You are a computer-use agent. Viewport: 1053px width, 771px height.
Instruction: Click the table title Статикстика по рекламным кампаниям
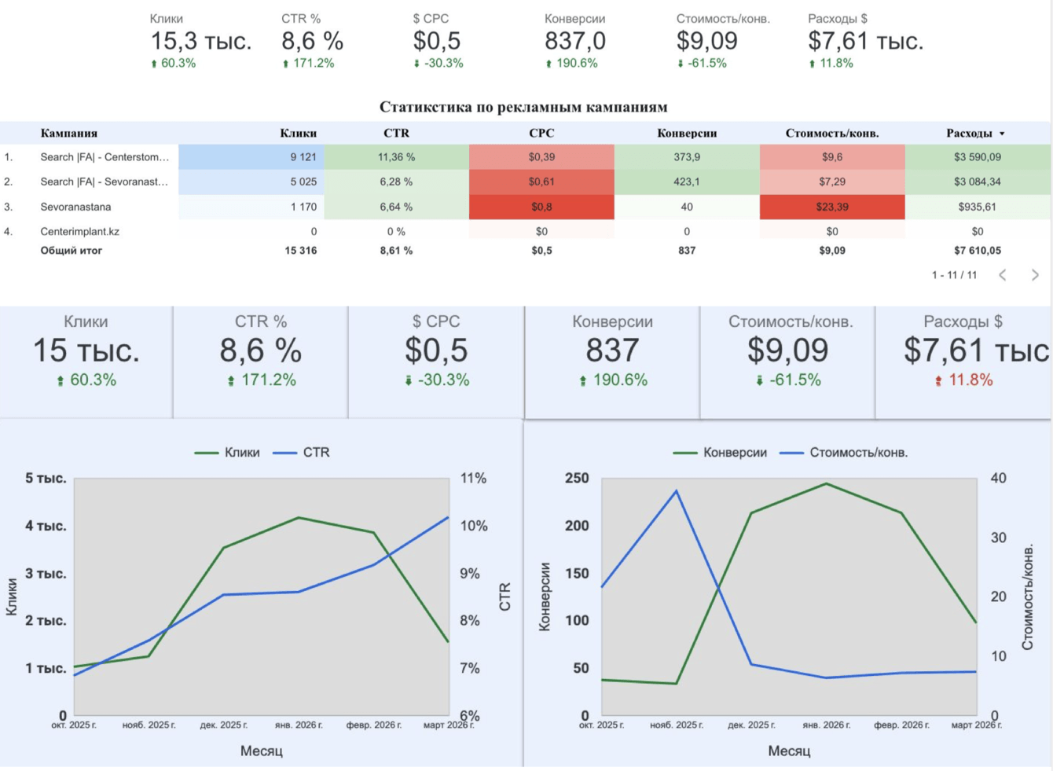point(523,107)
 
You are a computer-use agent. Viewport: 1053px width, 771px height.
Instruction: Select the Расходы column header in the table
point(970,133)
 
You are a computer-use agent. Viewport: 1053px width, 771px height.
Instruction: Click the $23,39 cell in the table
point(832,207)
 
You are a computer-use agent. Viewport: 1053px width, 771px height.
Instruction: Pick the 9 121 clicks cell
point(303,157)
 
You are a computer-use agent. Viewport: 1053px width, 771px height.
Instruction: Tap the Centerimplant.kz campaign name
point(80,231)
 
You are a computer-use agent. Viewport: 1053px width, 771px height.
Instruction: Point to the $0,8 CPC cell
point(541,207)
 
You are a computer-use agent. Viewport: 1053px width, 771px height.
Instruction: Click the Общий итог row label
point(71,251)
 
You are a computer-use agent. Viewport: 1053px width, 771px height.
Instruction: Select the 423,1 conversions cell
point(687,182)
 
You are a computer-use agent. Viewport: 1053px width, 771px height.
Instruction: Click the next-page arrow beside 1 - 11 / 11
point(1035,275)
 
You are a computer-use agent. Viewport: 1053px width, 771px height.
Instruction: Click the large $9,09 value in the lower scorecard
point(788,351)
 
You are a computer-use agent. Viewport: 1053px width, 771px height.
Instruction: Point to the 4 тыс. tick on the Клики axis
point(46,526)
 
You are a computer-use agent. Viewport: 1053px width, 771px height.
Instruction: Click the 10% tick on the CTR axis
point(474,526)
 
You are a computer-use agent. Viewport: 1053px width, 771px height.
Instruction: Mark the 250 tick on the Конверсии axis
point(577,478)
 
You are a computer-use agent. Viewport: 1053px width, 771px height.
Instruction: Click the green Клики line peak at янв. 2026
point(299,518)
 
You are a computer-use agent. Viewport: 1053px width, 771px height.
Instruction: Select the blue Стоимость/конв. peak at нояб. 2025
point(676,490)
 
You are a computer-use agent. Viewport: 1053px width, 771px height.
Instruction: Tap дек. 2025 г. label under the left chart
point(224,725)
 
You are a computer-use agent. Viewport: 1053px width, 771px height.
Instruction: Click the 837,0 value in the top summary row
point(575,41)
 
